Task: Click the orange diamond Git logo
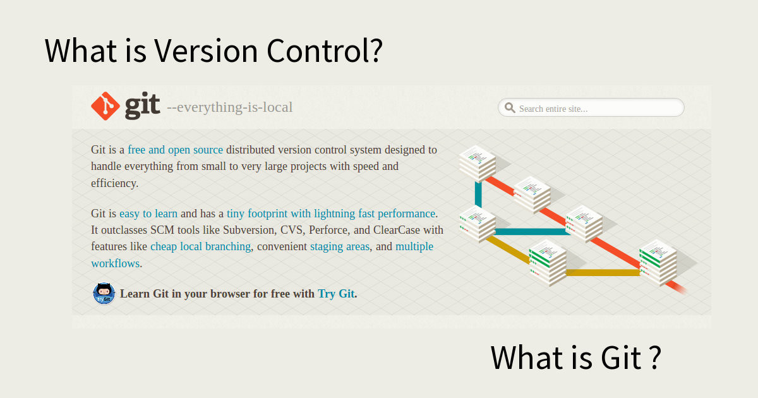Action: (105, 106)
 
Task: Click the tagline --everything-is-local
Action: (230, 107)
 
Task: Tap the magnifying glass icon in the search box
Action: (510, 108)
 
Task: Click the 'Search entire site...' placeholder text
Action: (553, 109)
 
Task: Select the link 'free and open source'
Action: (176, 150)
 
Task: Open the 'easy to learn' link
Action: (148, 214)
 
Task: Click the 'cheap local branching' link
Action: (201, 246)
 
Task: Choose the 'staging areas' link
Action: (340, 247)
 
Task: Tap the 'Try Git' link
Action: (336, 294)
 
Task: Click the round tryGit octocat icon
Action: (104, 293)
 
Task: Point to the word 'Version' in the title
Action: (206, 51)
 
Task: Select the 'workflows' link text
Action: (116, 263)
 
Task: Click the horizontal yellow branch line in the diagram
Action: (603, 273)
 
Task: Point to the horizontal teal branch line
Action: (532, 231)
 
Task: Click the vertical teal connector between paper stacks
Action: (478, 194)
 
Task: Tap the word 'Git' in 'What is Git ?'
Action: (621, 358)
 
